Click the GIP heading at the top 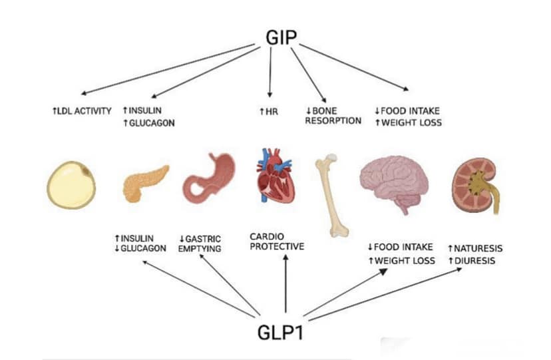[281, 37]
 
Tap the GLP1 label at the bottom [280, 332]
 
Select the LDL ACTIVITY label [82, 111]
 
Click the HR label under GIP [269, 112]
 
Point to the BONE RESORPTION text [333, 116]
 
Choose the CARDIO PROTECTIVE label [277, 242]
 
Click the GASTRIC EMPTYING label [200, 244]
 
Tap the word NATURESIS [478, 248]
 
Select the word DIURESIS [474, 261]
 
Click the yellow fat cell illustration [71, 185]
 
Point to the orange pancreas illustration [145, 183]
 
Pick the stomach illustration [209, 178]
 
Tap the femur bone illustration [329, 195]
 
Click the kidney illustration [475, 186]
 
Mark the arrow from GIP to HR [270, 73]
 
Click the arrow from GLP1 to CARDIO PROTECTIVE [285, 283]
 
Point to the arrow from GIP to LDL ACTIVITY [168, 69]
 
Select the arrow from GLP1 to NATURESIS [385, 294]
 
